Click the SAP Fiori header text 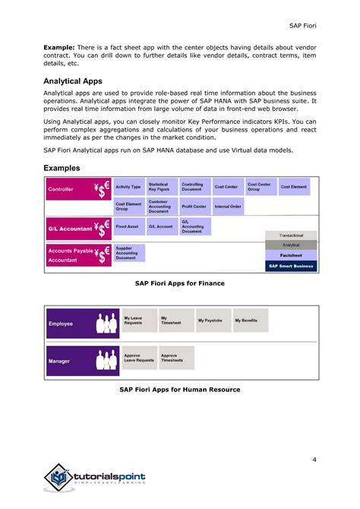click(305, 27)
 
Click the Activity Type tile click(128, 186)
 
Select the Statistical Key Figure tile click(162, 186)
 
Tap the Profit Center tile click(194, 206)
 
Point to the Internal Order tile click(228, 206)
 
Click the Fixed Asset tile click(128, 226)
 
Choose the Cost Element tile click(295, 186)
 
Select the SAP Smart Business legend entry click(291, 266)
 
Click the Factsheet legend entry click(291, 255)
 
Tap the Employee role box click(81, 324)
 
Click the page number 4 click(314, 438)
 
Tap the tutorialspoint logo click(95, 478)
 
